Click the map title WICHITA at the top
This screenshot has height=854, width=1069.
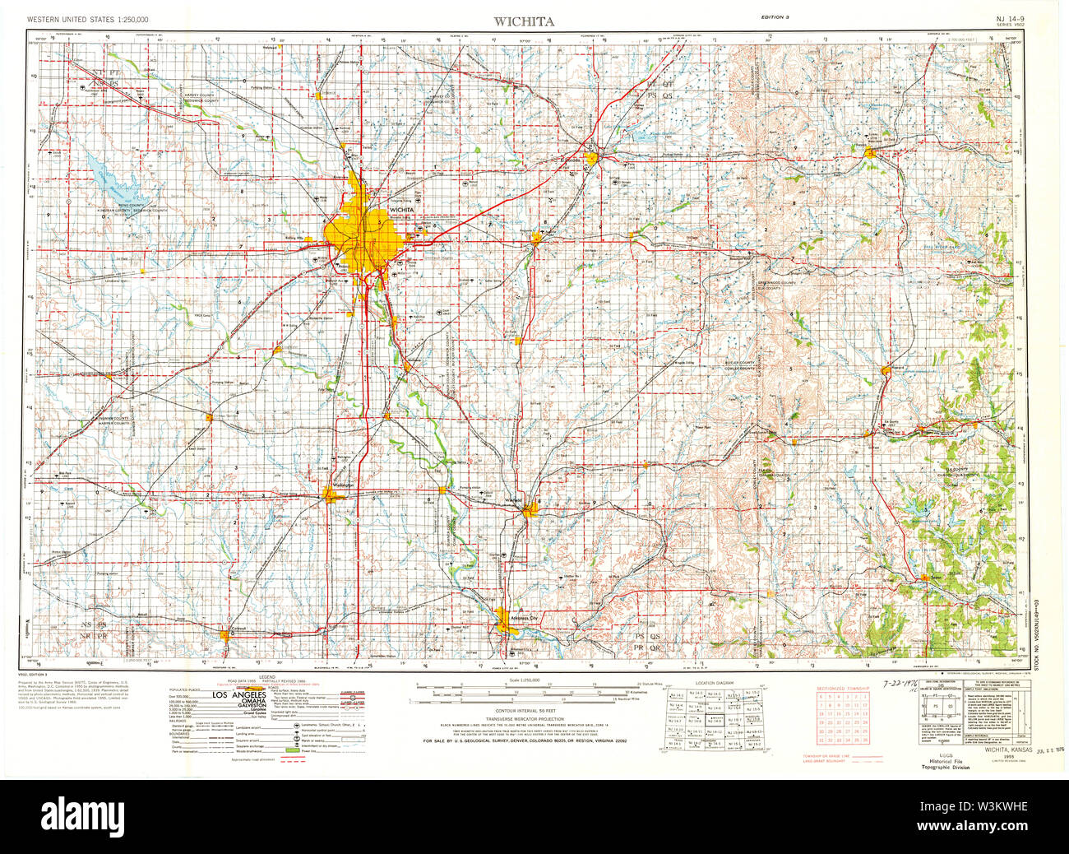click(523, 21)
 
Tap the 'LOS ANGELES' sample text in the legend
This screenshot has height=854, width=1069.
click(239, 695)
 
